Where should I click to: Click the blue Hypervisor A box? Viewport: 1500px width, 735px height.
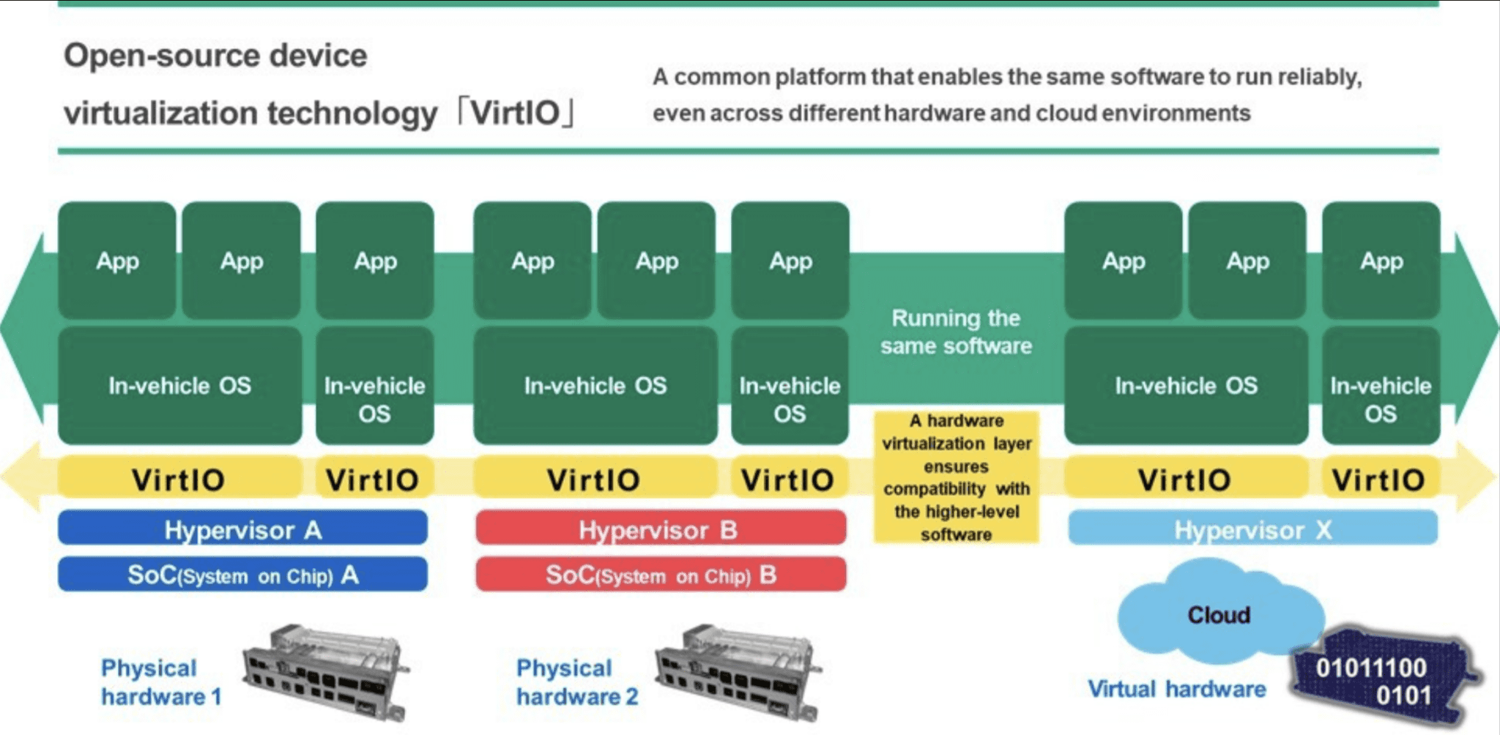tap(242, 529)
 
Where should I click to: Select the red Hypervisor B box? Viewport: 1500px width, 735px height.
tap(660, 529)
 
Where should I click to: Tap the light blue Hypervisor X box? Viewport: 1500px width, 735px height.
tap(1252, 529)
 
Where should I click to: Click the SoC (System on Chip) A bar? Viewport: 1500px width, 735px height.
tap(242, 575)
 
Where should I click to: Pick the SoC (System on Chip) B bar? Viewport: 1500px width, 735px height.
tap(660, 575)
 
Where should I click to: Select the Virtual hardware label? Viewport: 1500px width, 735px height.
tap(1176, 689)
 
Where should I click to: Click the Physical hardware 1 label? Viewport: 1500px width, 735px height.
tap(161, 682)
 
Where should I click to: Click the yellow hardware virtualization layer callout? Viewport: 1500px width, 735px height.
tap(956, 477)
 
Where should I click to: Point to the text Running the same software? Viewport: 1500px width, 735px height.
tap(956, 332)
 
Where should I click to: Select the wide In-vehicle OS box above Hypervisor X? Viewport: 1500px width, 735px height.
tap(1186, 385)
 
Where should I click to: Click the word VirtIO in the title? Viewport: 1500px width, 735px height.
tap(515, 113)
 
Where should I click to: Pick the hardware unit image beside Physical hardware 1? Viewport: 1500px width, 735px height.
tap(324, 671)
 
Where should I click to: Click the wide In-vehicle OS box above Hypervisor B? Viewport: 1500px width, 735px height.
tap(595, 385)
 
